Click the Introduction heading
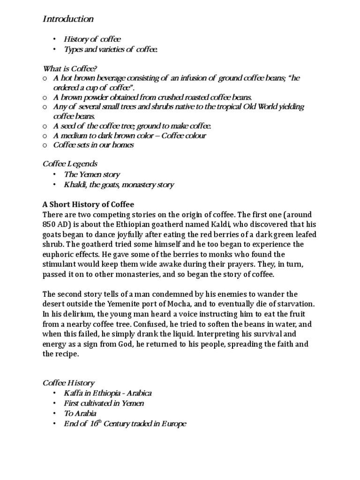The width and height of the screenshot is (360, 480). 68,19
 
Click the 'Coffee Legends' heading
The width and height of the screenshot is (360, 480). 70,164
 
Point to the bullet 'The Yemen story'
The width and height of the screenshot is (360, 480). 92,174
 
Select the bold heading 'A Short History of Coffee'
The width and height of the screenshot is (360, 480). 88,204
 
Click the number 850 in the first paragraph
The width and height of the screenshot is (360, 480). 50,225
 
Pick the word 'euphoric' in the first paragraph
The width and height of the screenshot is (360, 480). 58,255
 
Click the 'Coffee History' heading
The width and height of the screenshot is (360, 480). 68,383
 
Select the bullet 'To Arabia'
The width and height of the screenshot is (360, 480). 81,413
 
